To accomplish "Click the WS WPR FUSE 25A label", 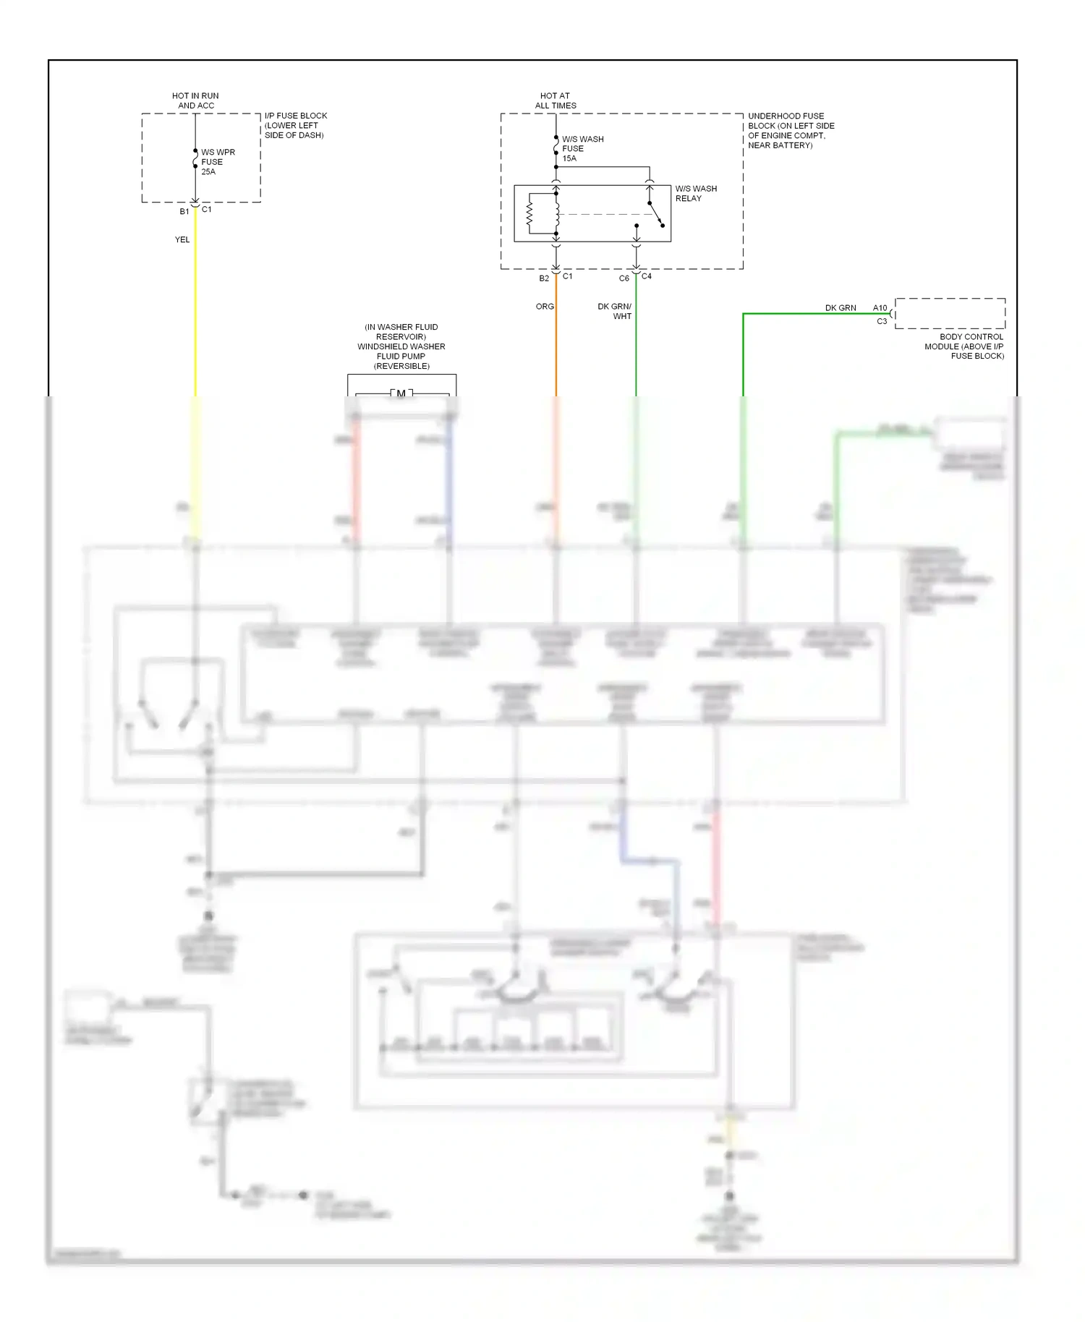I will (217, 162).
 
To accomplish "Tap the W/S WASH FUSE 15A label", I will (582, 148).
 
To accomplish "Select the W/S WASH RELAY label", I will (695, 193).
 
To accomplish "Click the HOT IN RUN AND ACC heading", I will (195, 101).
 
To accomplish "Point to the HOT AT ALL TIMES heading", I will (555, 101).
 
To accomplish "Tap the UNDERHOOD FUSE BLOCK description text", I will (790, 130).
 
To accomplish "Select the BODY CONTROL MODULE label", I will (965, 346).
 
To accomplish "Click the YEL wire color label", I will (182, 239).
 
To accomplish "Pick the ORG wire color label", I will (545, 307).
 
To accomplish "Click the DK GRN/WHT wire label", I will (615, 311).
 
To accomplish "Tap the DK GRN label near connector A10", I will (841, 308).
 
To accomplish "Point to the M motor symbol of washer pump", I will (401, 394).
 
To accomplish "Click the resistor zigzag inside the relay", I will (529, 213).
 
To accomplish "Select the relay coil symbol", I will (556, 213).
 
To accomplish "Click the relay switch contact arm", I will (655, 214).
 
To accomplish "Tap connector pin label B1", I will (184, 212).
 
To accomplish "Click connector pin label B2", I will (544, 278).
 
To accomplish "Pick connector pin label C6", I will (624, 278).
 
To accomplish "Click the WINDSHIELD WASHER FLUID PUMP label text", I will (401, 346).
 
